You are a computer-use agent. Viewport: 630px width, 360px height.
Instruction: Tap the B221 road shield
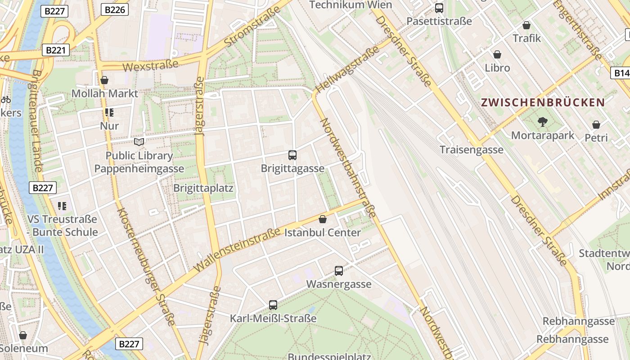pos(56,50)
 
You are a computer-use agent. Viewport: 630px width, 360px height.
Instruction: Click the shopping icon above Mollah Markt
pos(104,80)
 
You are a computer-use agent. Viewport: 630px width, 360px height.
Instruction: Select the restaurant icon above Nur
pos(109,112)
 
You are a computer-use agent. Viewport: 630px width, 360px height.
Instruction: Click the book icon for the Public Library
pos(139,142)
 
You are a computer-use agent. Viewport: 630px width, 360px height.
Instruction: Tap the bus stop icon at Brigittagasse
pos(292,155)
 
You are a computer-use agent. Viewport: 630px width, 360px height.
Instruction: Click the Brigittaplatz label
pos(203,188)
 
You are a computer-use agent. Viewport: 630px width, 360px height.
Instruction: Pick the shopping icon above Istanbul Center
pos(323,219)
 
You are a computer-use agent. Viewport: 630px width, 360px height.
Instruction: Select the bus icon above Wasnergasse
pos(339,271)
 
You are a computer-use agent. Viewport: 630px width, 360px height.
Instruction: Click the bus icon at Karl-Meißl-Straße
pos(273,305)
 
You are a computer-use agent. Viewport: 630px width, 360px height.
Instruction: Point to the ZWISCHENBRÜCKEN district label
pos(543,102)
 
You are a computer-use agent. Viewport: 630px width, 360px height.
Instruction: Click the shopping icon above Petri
pos(596,125)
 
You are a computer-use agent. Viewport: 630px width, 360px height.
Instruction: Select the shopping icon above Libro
pos(497,54)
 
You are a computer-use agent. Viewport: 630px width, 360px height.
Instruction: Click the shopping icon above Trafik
pos(526,25)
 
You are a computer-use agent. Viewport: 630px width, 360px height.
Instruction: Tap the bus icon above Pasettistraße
pos(439,8)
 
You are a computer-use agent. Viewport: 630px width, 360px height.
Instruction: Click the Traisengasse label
pos(471,149)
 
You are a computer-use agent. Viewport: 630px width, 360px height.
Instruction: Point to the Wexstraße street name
pos(150,66)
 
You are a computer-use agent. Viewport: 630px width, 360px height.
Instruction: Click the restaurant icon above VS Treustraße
pos(62,206)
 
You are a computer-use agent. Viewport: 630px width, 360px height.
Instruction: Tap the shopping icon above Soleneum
pos(23,335)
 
